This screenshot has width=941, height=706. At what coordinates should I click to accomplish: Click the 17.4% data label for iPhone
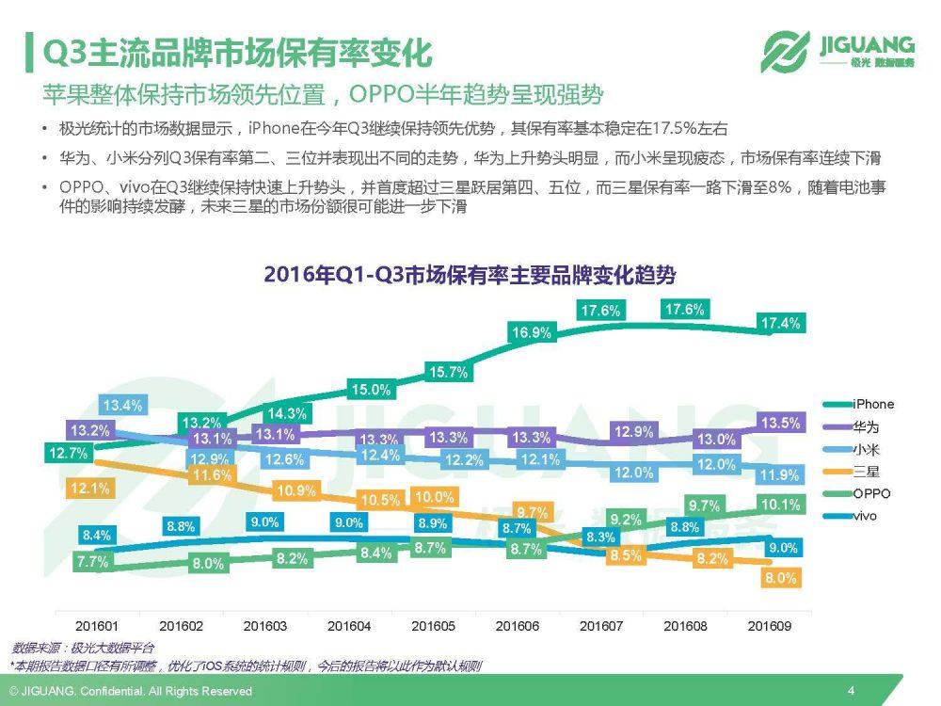[780, 324]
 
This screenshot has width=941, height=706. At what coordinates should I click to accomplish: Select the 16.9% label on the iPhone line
[532, 332]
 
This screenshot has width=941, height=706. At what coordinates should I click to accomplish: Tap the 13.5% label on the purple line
[780, 423]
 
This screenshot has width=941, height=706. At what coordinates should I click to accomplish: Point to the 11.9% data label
[780, 475]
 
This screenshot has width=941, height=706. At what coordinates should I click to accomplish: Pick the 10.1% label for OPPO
[780, 505]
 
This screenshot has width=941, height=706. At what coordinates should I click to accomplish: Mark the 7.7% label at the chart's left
[94, 562]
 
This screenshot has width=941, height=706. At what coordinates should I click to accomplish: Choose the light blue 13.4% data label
[122, 406]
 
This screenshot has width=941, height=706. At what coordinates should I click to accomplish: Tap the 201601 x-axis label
[98, 626]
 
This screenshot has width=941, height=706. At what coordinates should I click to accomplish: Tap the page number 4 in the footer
[851, 691]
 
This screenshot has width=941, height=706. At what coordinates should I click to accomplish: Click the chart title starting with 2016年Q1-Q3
[470, 275]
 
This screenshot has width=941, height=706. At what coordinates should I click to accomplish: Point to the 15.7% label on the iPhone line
[448, 372]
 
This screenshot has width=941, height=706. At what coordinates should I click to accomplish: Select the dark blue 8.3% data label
[600, 537]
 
